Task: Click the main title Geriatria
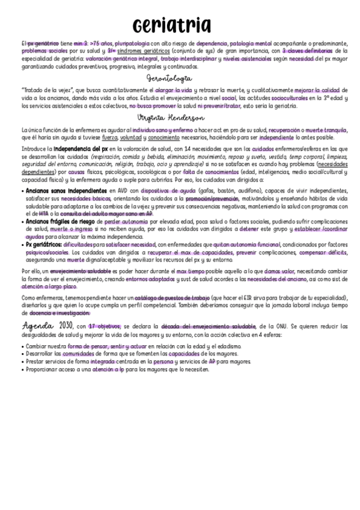click(x=172, y=25)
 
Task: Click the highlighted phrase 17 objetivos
click(x=105, y=325)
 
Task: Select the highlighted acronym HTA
click(x=44, y=214)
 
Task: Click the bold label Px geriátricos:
click(x=43, y=244)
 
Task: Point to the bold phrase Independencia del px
click(x=85, y=149)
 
